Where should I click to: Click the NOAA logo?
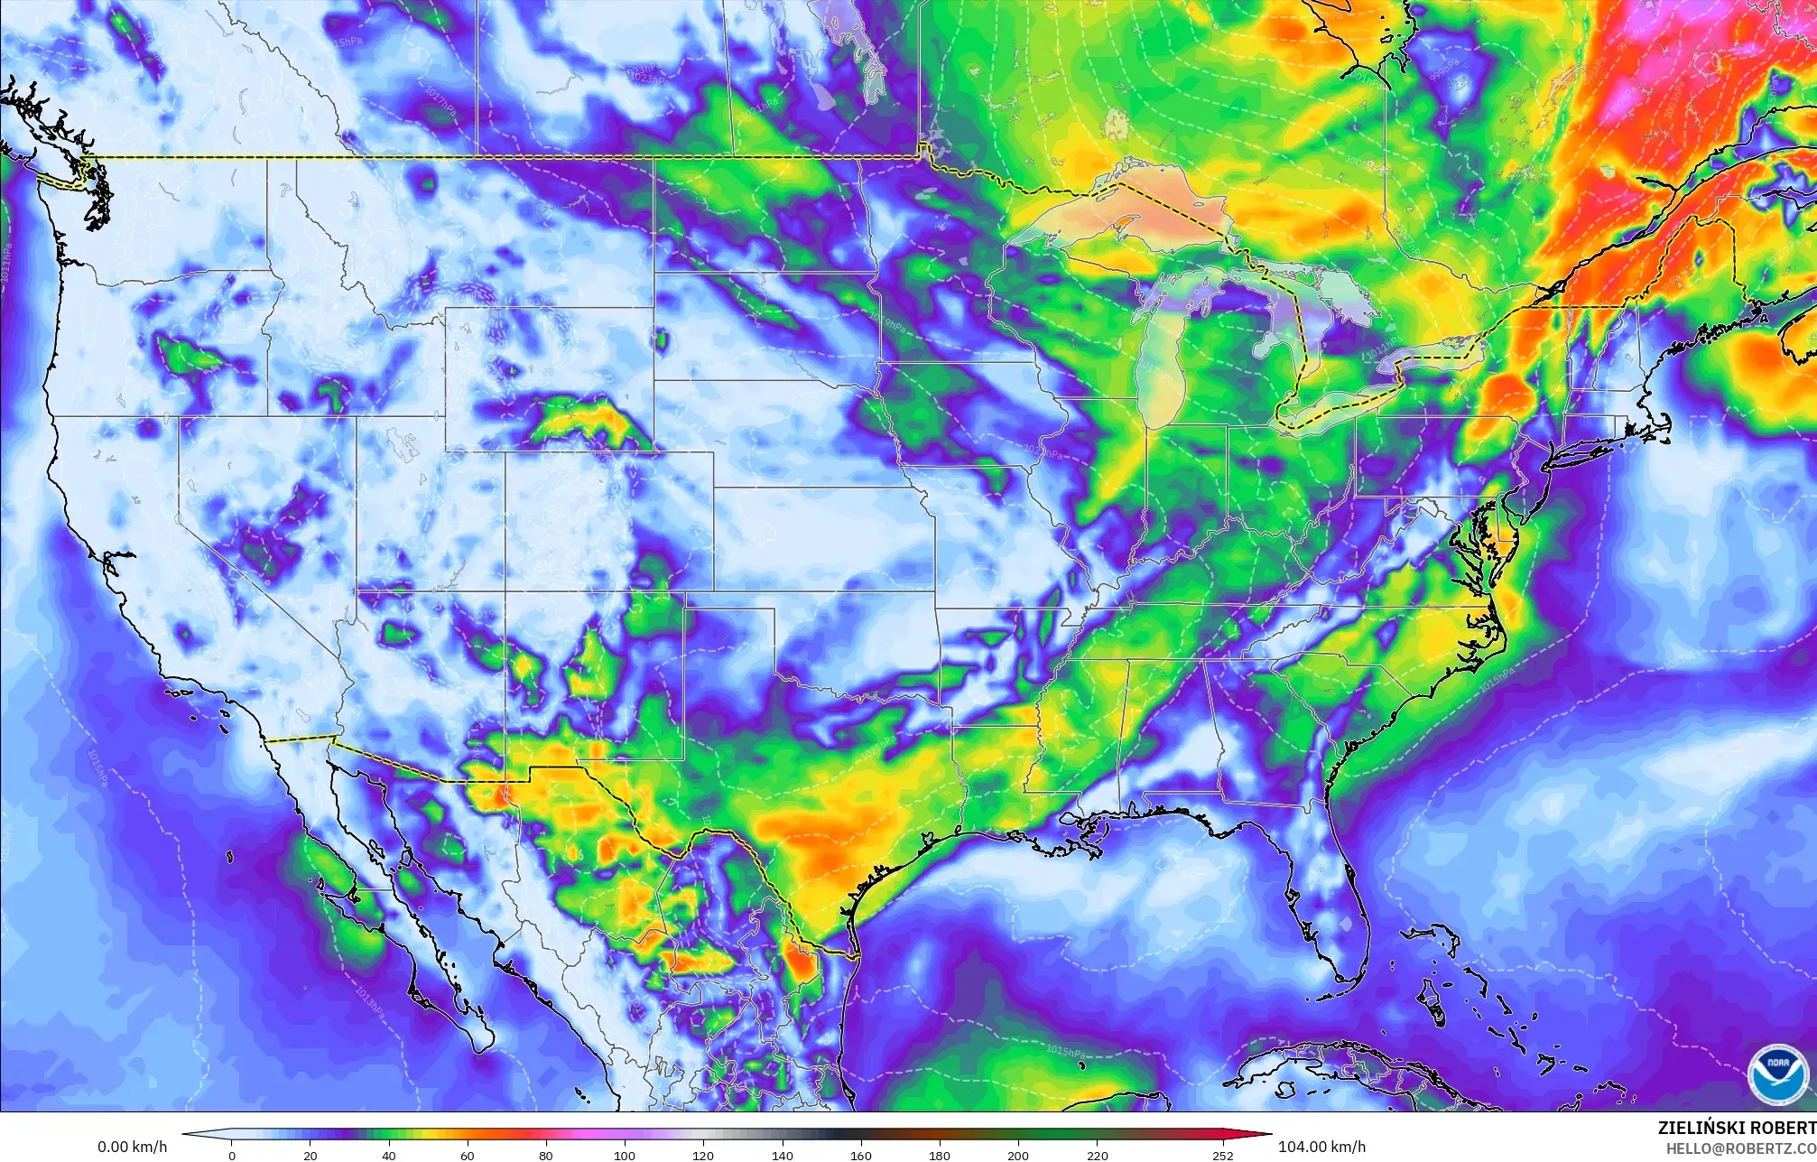point(1777,1074)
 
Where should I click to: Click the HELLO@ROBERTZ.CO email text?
point(1740,1148)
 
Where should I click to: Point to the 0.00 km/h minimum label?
point(132,1147)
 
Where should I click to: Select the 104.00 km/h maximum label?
point(1321,1147)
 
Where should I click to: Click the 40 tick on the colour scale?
point(388,1155)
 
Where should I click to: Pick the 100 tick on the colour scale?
point(625,1155)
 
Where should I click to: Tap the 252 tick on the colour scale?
point(1222,1155)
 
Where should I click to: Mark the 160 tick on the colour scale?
point(861,1155)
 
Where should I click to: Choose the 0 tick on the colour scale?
point(232,1155)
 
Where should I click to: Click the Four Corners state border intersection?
point(505,591)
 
